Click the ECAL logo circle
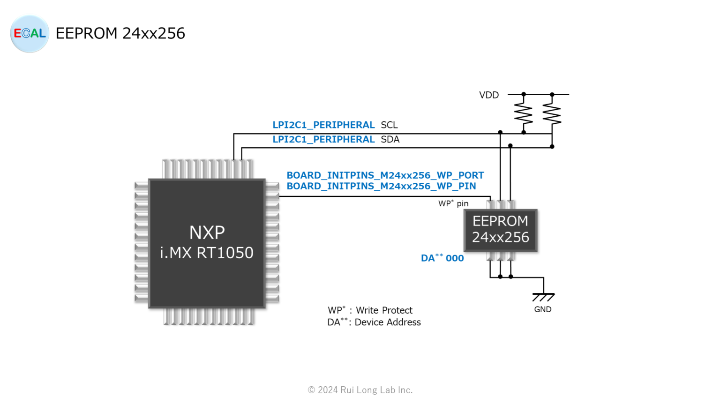30,34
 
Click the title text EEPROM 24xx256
120,33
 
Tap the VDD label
489,95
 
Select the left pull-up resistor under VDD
524,114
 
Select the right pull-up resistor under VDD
552,114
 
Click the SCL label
389,125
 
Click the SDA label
390,140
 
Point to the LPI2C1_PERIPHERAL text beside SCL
323,125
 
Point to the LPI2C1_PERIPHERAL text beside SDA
323,140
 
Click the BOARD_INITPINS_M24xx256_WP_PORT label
385,175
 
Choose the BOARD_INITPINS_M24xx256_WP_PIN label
381,186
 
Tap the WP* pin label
453,203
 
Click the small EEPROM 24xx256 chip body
500,230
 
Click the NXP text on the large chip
207,232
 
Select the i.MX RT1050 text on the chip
207,253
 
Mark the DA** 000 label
442,258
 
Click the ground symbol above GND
543,297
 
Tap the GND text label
543,309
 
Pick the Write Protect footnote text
370,310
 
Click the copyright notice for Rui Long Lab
360,390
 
